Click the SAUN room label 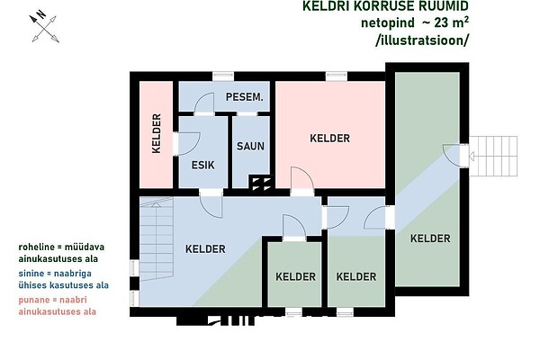tap(250, 146)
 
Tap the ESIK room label tap(202, 165)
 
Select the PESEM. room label tap(245, 97)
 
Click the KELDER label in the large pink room tap(330, 138)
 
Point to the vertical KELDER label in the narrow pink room tap(157, 133)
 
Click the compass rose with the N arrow tap(44, 28)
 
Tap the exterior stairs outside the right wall tap(493, 156)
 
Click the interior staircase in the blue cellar tap(156, 238)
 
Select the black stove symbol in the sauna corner tap(261, 184)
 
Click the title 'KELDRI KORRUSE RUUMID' tap(385, 6)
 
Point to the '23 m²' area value tap(451, 22)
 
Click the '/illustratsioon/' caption tap(422, 40)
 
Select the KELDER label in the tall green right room tap(430, 238)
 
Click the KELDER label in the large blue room tap(205, 248)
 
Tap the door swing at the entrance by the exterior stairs tap(452, 155)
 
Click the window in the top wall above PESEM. tap(223, 76)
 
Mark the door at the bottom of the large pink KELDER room tap(302, 182)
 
